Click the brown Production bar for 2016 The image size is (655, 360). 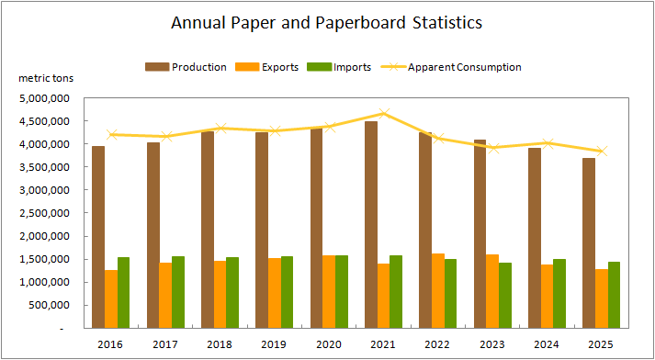(x=98, y=237)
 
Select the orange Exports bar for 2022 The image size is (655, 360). (x=438, y=291)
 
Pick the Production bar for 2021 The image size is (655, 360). (x=371, y=225)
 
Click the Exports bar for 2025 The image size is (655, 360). (x=602, y=298)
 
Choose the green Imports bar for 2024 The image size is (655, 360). (x=559, y=294)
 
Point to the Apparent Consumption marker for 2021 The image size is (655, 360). (x=384, y=114)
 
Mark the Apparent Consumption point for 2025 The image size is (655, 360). (x=602, y=152)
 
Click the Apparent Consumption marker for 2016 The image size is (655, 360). (x=111, y=134)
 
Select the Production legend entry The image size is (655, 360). (x=186, y=67)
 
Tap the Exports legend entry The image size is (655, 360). (x=267, y=67)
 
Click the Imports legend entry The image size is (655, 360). (x=339, y=67)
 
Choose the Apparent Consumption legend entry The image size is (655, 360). (x=450, y=67)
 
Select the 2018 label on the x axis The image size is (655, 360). (x=220, y=344)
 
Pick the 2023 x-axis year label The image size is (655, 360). (x=492, y=344)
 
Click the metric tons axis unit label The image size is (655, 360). (x=46, y=78)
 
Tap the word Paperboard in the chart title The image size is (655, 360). (x=360, y=23)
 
